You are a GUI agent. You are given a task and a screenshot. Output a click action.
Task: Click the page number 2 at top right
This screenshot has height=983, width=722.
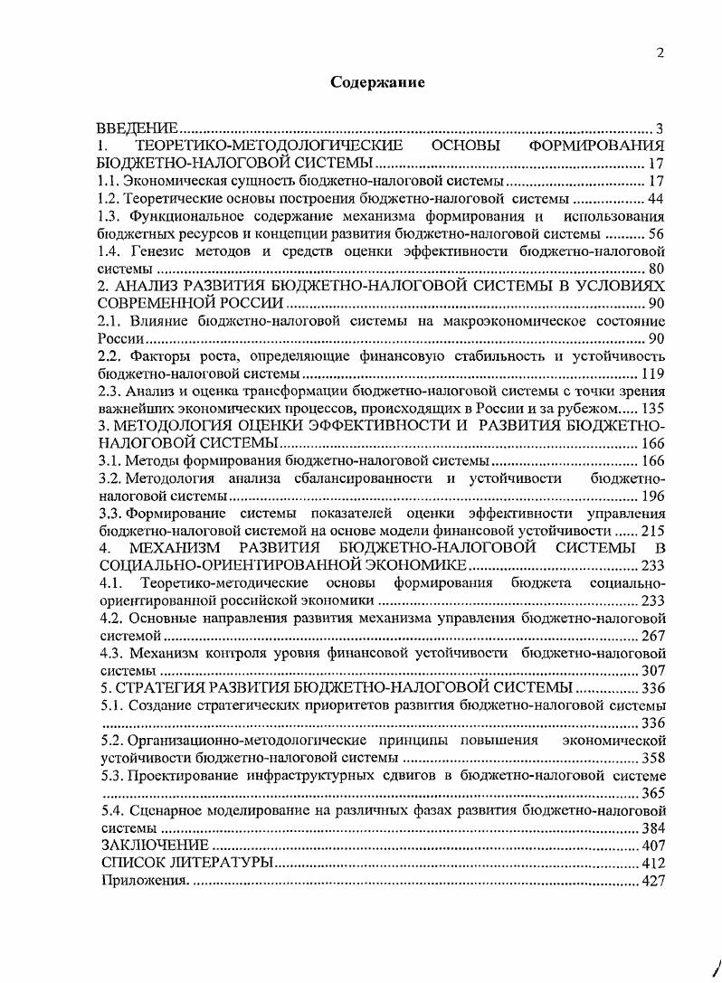pos(660,53)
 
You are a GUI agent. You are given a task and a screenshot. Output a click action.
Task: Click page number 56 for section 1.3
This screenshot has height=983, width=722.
pos(657,233)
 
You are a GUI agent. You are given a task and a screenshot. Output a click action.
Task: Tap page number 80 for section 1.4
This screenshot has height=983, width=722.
pos(657,269)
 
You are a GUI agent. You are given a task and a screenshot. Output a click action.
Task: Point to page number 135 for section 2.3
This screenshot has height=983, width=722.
pos(653,409)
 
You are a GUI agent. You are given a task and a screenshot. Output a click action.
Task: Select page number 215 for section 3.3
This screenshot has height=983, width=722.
pos(653,531)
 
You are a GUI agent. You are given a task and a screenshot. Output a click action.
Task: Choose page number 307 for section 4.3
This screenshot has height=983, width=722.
pos(653,670)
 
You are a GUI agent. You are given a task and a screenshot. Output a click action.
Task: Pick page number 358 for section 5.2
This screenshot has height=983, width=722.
pos(653,758)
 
